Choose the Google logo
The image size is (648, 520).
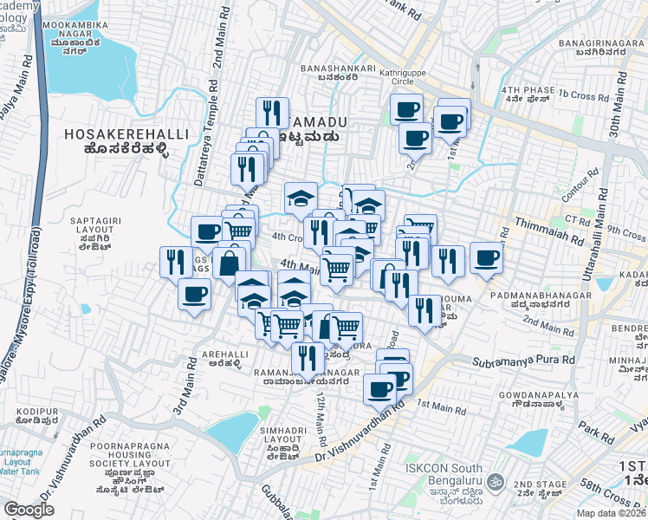click(29, 510)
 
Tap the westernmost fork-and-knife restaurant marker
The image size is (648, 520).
click(176, 261)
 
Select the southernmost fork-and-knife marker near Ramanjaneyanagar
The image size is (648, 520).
click(307, 356)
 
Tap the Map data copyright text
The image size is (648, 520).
click(614, 512)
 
